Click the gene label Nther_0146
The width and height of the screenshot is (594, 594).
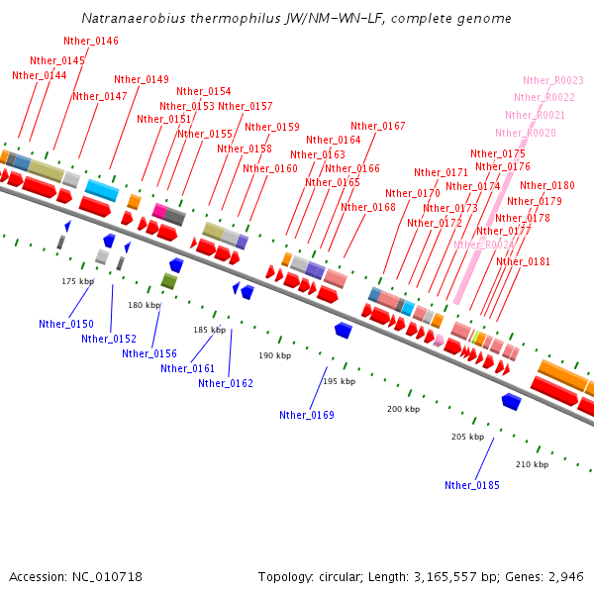point(90,41)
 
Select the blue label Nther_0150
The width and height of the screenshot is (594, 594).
point(66,324)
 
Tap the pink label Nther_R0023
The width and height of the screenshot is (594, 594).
point(553,80)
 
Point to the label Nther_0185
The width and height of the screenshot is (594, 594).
point(472,485)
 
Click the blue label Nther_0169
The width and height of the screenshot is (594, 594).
point(307,415)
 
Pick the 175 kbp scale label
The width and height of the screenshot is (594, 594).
point(77,281)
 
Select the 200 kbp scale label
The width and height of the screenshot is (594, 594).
point(403,409)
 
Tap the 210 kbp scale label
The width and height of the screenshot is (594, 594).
point(532,464)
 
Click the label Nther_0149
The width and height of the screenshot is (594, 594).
point(142,79)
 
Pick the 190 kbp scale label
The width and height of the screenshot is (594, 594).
point(275,354)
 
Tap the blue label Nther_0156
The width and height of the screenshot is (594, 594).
point(149,353)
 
